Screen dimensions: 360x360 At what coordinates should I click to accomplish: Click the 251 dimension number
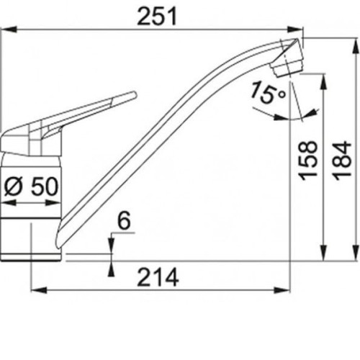pos(157,16)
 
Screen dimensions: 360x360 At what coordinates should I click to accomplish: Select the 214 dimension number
pos(158,277)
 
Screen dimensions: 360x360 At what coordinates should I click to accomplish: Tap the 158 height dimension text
pos(308,161)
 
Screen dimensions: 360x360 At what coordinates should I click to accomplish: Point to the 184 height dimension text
pos(343,161)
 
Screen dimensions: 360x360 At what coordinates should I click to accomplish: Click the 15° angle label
pos(268,93)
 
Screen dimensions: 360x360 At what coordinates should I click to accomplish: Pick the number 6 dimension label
pos(124,220)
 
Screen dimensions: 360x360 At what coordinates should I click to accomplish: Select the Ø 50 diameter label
pos(32,186)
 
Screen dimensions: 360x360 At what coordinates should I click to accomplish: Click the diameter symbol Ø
pos(14,187)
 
